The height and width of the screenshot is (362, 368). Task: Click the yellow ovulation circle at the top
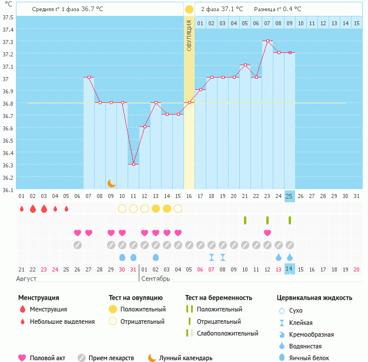(x=189, y=9)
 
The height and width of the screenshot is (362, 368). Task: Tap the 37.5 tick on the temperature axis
(x=8, y=16)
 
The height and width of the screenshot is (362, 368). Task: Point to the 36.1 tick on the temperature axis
(x=8, y=189)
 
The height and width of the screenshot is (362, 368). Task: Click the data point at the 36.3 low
(x=133, y=164)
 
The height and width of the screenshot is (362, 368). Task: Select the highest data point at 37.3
(x=267, y=41)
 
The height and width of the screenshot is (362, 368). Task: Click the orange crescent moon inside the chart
(x=111, y=183)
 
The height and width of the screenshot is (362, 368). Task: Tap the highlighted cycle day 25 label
(x=289, y=196)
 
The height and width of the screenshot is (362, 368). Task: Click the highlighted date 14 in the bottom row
(x=289, y=269)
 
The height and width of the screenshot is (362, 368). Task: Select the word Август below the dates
(x=27, y=278)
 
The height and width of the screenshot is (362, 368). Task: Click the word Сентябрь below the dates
(x=156, y=278)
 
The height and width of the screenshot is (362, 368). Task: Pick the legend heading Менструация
(x=38, y=298)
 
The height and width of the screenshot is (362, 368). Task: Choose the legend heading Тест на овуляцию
(x=136, y=298)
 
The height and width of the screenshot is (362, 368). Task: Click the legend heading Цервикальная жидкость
(x=315, y=298)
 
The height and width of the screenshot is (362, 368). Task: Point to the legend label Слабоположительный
(x=228, y=333)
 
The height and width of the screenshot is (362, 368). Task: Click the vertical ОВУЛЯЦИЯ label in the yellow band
(x=189, y=35)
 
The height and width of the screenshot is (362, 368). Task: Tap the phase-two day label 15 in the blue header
(x=344, y=23)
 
